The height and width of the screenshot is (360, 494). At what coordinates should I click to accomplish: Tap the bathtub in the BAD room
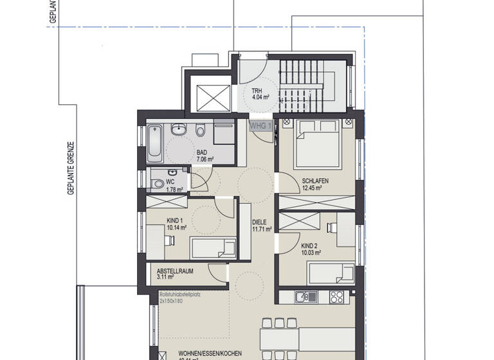[154, 144]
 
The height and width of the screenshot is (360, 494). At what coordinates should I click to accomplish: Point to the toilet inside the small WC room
[158, 184]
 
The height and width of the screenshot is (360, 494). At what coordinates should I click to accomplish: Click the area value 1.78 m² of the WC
[174, 190]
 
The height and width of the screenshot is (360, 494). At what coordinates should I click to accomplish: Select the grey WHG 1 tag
[261, 125]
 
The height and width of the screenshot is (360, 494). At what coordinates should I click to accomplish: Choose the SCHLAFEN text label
[315, 181]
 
